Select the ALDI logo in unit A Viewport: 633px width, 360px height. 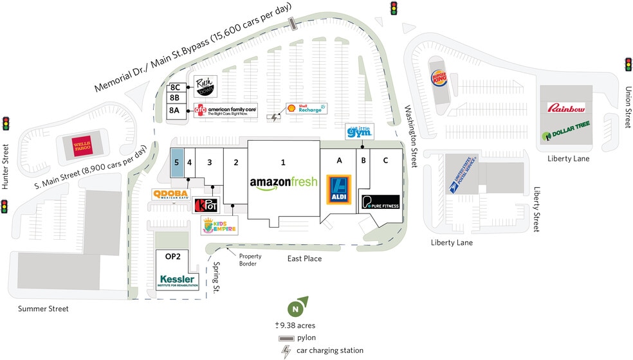click(x=339, y=190)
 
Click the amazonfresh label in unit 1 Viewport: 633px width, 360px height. click(x=283, y=182)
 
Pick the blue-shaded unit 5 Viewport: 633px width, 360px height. click(x=177, y=163)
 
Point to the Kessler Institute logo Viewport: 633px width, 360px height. click(x=178, y=281)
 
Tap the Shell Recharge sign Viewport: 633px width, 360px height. click(x=306, y=109)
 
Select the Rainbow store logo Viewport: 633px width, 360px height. click(x=566, y=108)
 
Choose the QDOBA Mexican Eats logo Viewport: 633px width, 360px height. click(x=169, y=194)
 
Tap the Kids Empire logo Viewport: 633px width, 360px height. click(x=219, y=224)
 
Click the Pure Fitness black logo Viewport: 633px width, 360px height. click(x=380, y=202)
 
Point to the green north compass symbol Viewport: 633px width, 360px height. click(x=296, y=309)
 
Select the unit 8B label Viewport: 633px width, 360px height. click(x=174, y=98)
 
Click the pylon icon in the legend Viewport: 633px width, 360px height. click(x=286, y=338)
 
